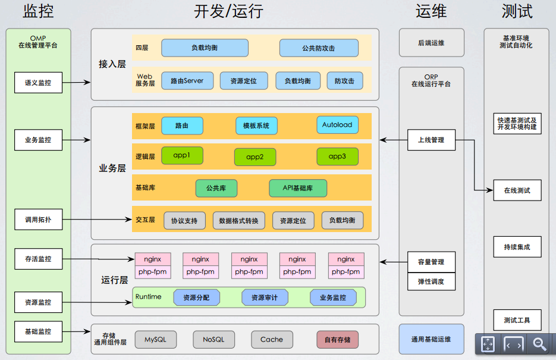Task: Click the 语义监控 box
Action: click(38, 83)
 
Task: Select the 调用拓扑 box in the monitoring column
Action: click(38, 220)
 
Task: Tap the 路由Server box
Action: click(187, 81)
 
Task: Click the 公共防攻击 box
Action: click(319, 48)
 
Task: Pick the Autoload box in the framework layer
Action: click(337, 125)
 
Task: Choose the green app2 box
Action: click(255, 156)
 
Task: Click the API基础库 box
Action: click(298, 188)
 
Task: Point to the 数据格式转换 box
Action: click(238, 221)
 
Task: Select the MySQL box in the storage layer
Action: click(156, 339)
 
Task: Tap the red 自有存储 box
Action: click(337, 340)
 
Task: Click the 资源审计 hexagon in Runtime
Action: click(265, 298)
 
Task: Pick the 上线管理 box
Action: click(431, 140)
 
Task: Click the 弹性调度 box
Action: click(431, 281)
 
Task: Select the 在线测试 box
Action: click(517, 190)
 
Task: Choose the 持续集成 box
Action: click(517, 247)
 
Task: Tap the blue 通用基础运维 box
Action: click(431, 339)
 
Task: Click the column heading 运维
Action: click(431, 11)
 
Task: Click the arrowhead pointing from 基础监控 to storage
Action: click(87, 331)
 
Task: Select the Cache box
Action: click(272, 339)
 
